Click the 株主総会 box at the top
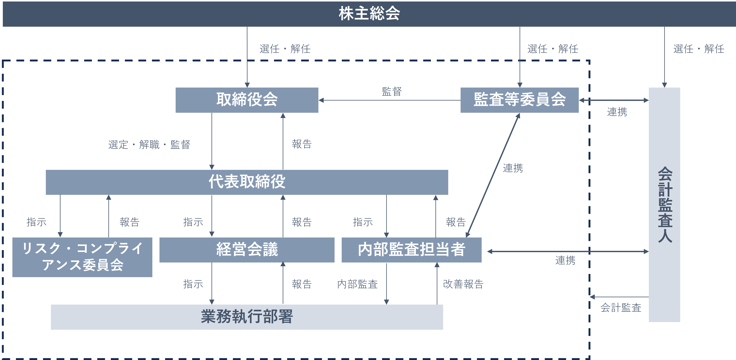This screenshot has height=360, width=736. [369, 14]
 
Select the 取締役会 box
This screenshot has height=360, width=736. [247, 100]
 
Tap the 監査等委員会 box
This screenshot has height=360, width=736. [519, 100]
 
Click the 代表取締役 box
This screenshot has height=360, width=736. [247, 182]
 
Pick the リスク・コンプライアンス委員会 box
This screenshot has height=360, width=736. [82, 257]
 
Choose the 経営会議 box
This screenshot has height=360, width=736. [247, 250]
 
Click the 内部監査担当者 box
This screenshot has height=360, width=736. [411, 250]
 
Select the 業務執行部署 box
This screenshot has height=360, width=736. [247, 317]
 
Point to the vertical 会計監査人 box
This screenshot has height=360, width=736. [664, 205]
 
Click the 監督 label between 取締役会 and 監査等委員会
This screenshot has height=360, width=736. [392, 92]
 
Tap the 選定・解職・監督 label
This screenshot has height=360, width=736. [149, 144]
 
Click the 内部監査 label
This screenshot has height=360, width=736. [357, 284]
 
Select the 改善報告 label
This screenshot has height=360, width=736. [463, 284]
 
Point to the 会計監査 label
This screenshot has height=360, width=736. [621, 307]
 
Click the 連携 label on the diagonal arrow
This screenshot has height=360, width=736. [513, 168]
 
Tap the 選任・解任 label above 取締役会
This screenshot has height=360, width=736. [285, 49]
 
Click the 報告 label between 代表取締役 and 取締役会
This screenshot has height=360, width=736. [302, 144]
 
